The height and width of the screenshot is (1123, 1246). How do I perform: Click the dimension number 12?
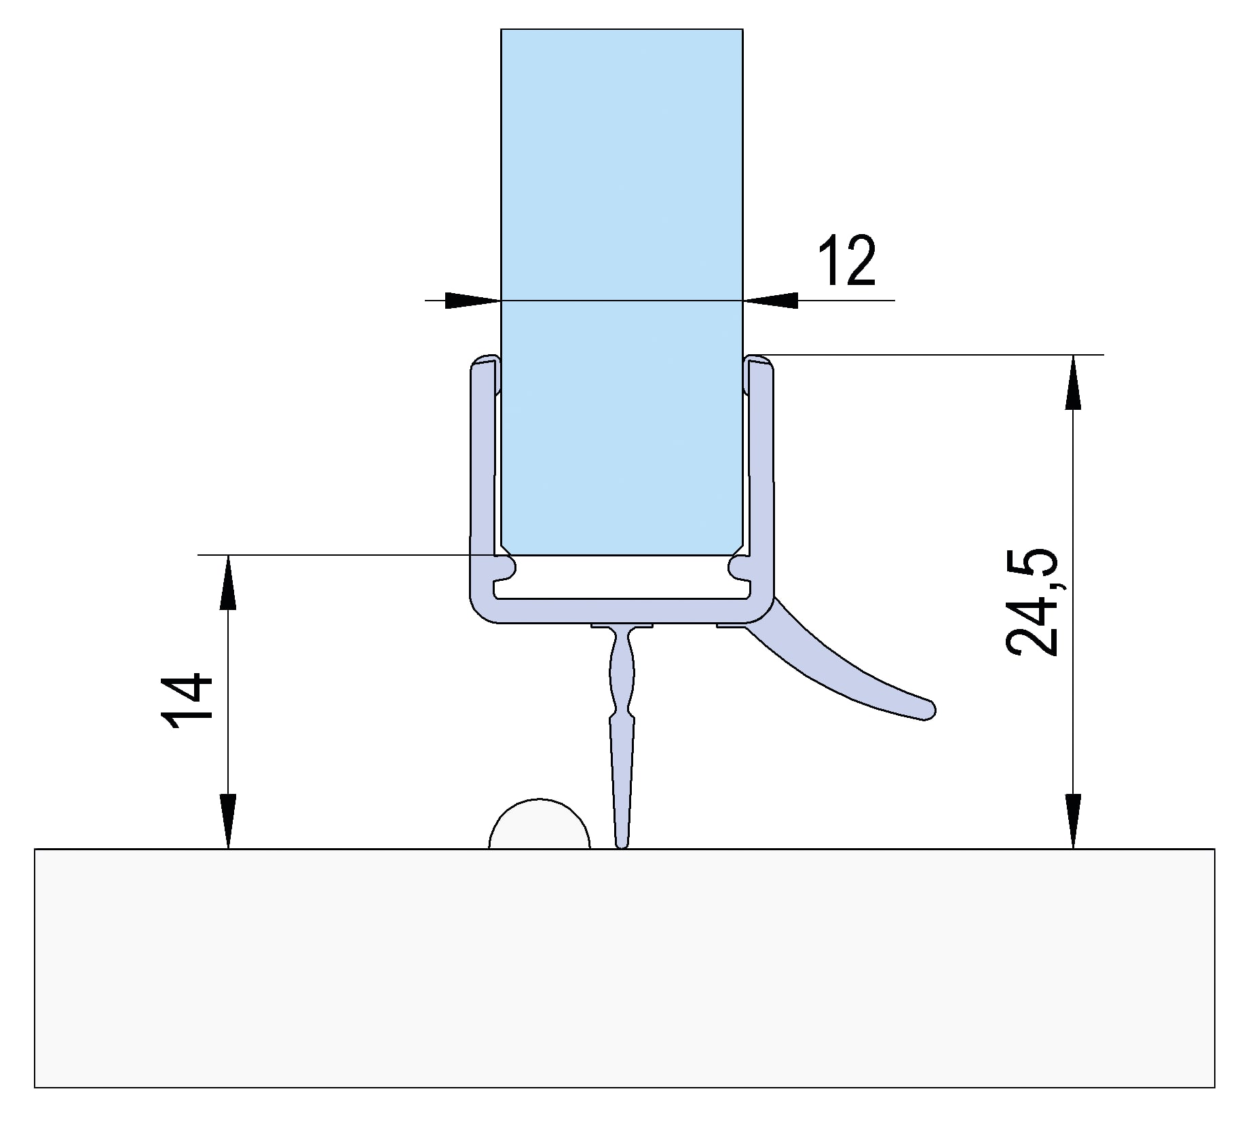click(846, 261)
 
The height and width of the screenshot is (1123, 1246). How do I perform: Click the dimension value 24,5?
click(1031, 602)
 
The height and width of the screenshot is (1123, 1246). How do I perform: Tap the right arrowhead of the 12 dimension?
click(772, 300)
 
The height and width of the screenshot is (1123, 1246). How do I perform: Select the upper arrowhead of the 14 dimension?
click(228, 584)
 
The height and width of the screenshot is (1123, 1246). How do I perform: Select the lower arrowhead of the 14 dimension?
click(228, 821)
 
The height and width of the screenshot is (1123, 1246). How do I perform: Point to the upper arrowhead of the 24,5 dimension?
click(1073, 383)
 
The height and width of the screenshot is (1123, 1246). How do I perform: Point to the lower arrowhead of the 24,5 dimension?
click(1073, 821)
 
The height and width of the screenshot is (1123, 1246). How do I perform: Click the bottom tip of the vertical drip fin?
click(621, 843)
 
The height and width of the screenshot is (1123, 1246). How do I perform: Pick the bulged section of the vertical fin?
click(622, 675)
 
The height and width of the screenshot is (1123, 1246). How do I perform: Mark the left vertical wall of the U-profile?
click(480, 475)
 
